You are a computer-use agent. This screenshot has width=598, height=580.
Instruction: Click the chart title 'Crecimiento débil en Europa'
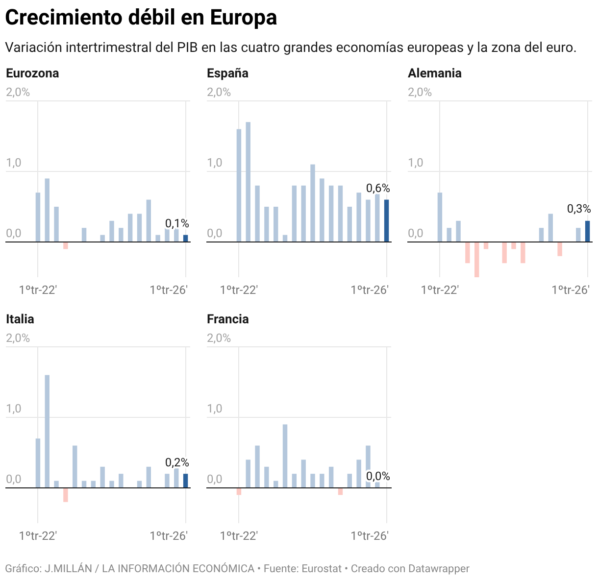[141, 18]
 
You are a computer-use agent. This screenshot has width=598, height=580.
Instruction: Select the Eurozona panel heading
[32, 73]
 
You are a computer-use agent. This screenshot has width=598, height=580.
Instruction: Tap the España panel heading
[227, 73]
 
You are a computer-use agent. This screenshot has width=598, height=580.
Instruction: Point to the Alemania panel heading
[435, 73]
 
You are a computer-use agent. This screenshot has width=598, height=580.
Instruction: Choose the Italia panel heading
[20, 319]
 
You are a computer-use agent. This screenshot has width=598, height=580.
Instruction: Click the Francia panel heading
[227, 319]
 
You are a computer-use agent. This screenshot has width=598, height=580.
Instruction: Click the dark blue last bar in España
[386, 220]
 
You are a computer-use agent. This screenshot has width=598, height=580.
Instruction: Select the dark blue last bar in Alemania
[587, 231]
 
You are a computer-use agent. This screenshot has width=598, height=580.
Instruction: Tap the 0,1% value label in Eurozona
[177, 224]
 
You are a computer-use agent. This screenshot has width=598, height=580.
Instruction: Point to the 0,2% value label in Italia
[177, 462]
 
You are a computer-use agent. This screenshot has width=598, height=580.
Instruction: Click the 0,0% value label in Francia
[378, 476]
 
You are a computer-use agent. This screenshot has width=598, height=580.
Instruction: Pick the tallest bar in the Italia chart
[47, 431]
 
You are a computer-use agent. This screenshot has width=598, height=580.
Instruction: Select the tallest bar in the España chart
[248, 182]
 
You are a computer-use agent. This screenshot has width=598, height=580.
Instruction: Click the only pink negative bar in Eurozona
[66, 245]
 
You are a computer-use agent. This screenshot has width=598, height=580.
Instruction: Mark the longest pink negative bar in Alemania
[476, 259]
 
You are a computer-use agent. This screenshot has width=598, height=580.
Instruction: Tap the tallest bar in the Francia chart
[285, 456]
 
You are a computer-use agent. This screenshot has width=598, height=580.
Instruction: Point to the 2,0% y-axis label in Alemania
[420, 92]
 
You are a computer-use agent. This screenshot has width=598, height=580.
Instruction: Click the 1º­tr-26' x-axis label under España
[370, 290]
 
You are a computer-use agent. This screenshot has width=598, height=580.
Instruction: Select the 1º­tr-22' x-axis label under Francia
[239, 536]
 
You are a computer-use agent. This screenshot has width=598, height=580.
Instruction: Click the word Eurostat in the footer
[322, 569]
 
